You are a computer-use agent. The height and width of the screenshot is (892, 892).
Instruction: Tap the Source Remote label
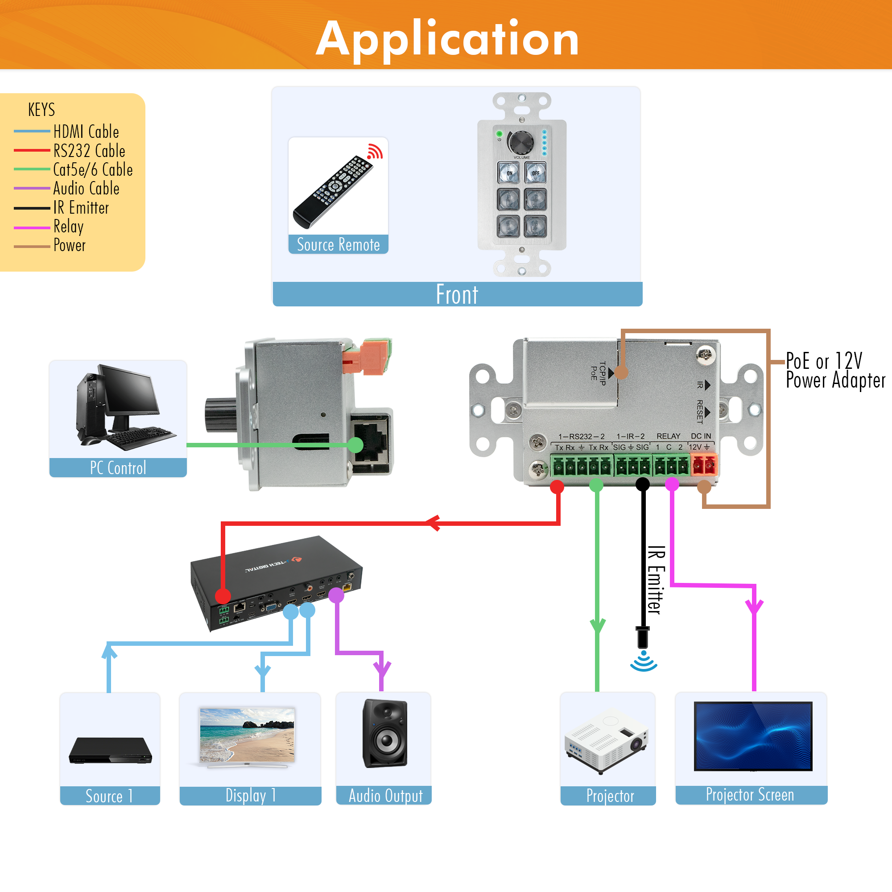click(x=338, y=244)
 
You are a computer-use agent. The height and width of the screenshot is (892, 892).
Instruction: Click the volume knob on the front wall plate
click(x=522, y=141)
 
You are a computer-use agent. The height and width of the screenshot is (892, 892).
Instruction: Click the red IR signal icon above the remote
click(x=375, y=152)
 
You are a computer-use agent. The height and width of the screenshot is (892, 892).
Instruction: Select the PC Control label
click(x=118, y=468)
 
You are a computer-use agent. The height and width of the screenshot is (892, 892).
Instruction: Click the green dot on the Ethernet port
click(x=355, y=445)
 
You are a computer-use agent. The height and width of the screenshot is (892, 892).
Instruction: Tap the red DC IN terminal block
click(x=704, y=464)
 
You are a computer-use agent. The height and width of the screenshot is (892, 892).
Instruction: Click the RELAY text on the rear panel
click(x=668, y=436)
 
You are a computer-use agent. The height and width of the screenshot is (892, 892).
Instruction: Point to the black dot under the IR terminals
click(x=643, y=484)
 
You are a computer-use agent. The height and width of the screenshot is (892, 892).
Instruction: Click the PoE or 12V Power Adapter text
click(x=835, y=370)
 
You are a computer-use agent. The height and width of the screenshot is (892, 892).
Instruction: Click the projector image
click(x=607, y=740)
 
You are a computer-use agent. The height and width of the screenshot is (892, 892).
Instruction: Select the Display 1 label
click(x=250, y=796)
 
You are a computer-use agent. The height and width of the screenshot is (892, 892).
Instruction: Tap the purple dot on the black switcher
click(x=336, y=595)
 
